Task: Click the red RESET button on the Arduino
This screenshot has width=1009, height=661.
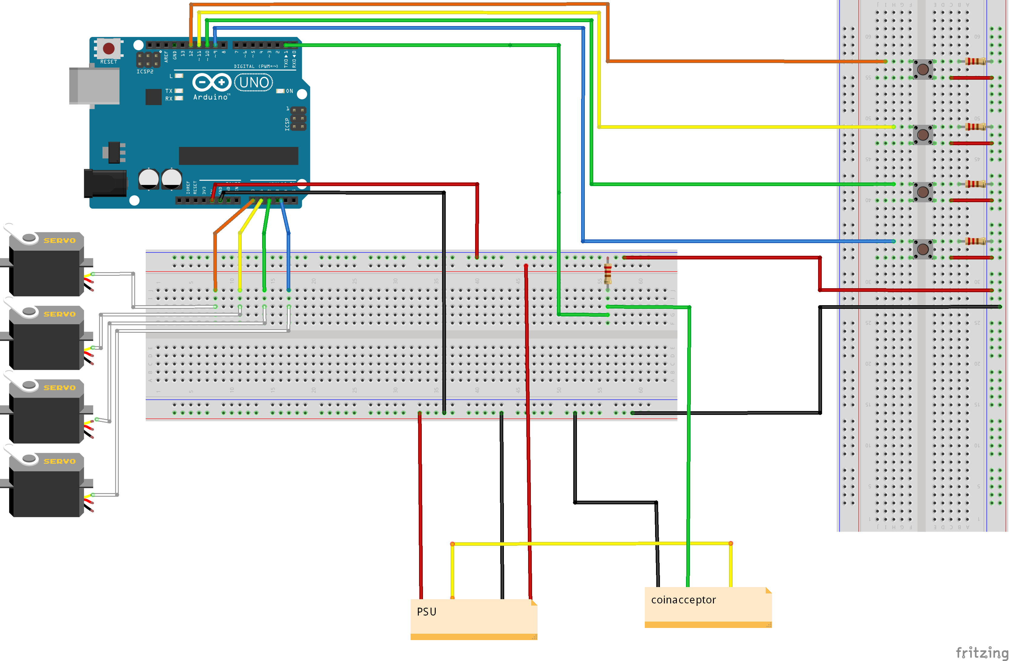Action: (x=108, y=48)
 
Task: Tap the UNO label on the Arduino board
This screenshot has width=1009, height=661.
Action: (x=254, y=82)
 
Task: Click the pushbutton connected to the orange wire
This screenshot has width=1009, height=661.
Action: (x=923, y=69)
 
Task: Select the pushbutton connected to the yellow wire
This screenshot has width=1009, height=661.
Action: (x=923, y=135)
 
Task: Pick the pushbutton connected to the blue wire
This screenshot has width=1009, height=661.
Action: (x=923, y=249)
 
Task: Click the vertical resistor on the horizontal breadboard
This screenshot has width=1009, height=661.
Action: (x=608, y=273)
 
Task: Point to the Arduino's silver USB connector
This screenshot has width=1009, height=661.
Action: (x=94, y=85)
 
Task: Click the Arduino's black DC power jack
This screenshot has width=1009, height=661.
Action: (x=105, y=183)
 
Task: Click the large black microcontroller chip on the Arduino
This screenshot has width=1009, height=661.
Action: (x=238, y=155)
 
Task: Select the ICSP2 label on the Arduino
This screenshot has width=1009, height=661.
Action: (x=145, y=72)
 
